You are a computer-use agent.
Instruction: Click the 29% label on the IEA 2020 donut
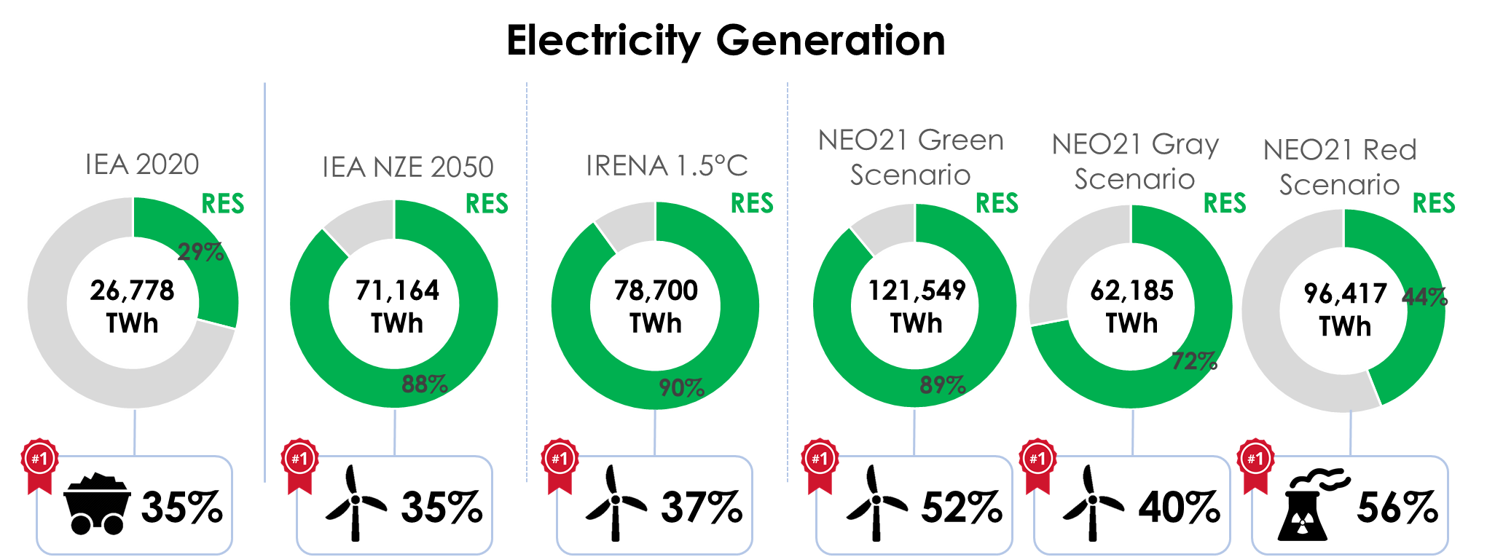(201, 252)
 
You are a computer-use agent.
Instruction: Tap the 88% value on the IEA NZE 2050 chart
(425, 384)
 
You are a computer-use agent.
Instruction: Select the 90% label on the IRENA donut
(682, 387)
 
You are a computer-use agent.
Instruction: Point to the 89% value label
(943, 384)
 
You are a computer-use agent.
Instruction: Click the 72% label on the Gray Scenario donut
(1195, 360)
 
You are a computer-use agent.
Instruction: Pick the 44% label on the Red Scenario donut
(1425, 297)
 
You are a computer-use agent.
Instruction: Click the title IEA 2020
(142, 165)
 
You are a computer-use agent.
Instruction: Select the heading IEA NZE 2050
(408, 167)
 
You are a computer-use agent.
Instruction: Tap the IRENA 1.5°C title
(667, 166)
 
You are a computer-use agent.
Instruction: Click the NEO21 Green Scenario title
(911, 157)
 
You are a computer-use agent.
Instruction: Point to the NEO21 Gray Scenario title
(1135, 162)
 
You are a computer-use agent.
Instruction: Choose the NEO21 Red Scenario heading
(1340, 167)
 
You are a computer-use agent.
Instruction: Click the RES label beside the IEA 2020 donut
(223, 204)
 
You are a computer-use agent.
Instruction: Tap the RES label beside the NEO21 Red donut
(1434, 203)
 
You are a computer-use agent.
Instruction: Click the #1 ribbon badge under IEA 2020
(39, 460)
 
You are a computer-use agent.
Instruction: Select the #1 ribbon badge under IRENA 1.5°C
(559, 460)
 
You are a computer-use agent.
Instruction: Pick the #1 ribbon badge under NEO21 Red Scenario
(1255, 460)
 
